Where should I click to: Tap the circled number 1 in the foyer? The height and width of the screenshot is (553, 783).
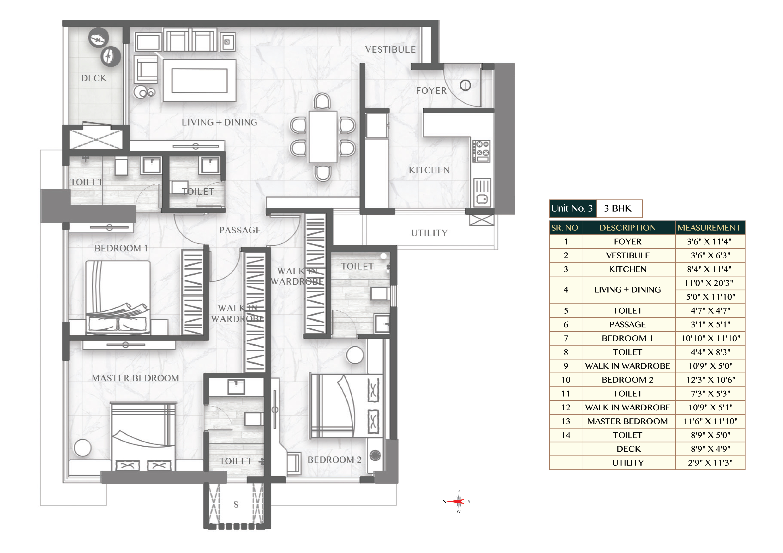(x=465, y=85)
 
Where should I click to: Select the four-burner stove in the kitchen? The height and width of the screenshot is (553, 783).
(x=481, y=151)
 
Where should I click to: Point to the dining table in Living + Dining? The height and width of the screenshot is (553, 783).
(x=323, y=137)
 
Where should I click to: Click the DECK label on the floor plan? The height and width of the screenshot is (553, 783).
(x=94, y=78)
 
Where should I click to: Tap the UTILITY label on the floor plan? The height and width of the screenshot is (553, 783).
(x=429, y=233)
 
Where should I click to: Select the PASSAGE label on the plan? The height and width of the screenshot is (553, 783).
(x=240, y=230)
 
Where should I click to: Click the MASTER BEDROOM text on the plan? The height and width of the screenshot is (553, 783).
(x=135, y=378)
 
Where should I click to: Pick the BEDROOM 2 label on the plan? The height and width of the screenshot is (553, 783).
(x=334, y=460)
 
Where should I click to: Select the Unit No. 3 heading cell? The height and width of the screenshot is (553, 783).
(x=573, y=209)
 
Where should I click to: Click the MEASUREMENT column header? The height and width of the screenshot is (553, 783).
(x=709, y=228)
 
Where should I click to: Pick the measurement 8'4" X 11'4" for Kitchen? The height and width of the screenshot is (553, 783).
(x=709, y=269)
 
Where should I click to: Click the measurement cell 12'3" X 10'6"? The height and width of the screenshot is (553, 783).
(x=710, y=380)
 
